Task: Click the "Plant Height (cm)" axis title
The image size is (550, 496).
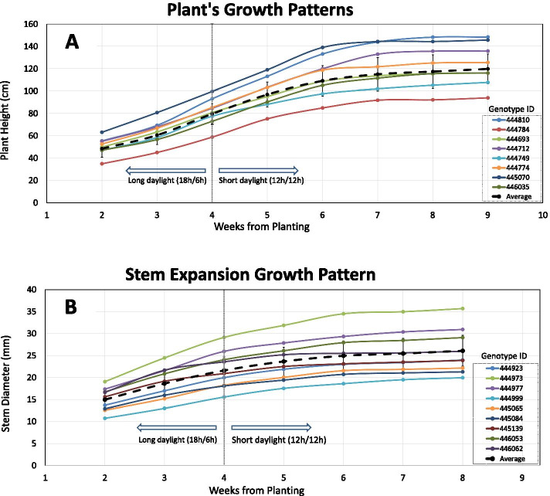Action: (x=8, y=113)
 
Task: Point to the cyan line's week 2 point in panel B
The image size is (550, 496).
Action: (x=105, y=418)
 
